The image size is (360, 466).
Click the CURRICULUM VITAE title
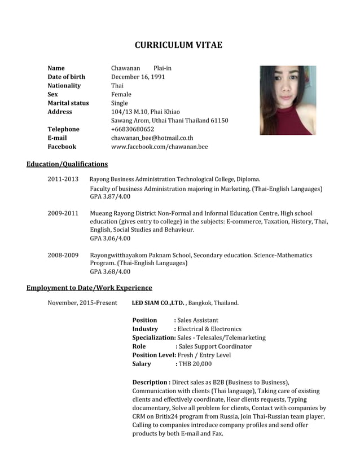[x=178, y=45]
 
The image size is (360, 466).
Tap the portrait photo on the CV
[x=287, y=100]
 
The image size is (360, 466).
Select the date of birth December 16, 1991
[x=138, y=77]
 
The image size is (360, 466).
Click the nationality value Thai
[x=117, y=86]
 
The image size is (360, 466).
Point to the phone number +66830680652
[x=133, y=129]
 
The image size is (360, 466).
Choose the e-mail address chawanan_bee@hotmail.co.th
[x=152, y=138]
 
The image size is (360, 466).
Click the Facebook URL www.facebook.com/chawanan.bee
[x=159, y=147]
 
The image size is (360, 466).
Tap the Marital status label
[x=68, y=103]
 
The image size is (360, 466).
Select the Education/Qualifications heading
[x=67, y=164]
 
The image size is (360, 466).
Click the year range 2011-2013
[x=63, y=179]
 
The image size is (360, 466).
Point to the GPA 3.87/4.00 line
[x=110, y=196]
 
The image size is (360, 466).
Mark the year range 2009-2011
[x=63, y=213]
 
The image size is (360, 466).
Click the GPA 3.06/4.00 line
[x=110, y=239]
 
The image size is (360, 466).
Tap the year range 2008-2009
[x=63, y=256]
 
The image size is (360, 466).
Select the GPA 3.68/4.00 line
[x=110, y=272]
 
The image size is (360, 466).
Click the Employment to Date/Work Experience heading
[x=89, y=288]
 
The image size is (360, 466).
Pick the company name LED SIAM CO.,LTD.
[x=157, y=303]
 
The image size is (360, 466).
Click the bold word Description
[x=150, y=382]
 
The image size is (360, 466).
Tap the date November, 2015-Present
[x=82, y=303]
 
